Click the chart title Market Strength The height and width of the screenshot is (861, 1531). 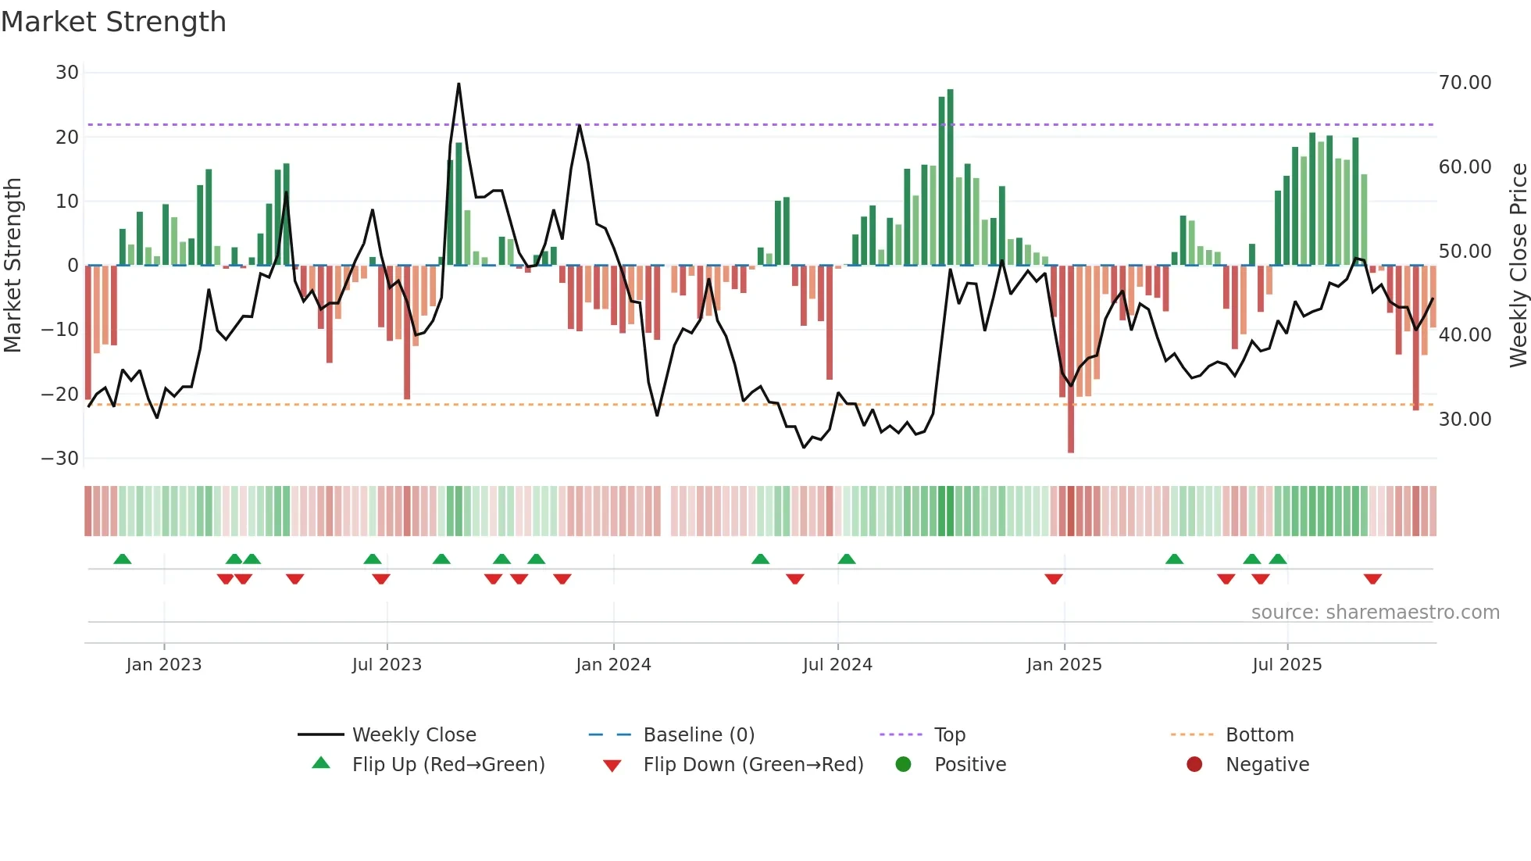[x=113, y=22]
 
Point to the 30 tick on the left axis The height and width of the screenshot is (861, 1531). [x=67, y=73]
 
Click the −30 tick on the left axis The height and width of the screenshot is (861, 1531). [x=60, y=459]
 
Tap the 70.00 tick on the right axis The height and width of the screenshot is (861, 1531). [x=1465, y=83]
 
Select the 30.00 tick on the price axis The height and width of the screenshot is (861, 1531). [x=1465, y=420]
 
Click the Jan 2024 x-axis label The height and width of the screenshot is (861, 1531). [x=613, y=665]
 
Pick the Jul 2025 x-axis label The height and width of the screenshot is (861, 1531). [x=1287, y=665]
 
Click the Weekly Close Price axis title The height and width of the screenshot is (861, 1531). [x=1518, y=266]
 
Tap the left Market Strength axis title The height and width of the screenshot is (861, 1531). [x=12, y=266]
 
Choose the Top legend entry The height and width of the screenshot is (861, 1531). [x=949, y=735]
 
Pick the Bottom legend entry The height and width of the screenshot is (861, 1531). [x=1259, y=735]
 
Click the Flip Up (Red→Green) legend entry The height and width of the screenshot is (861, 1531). [x=448, y=765]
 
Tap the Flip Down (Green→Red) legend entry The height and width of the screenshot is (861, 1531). [x=752, y=765]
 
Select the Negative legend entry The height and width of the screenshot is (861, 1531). [x=1266, y=765]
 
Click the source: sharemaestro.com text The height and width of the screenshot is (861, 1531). [x=1375, y=613]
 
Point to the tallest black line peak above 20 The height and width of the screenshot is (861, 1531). [x=459, y=84]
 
